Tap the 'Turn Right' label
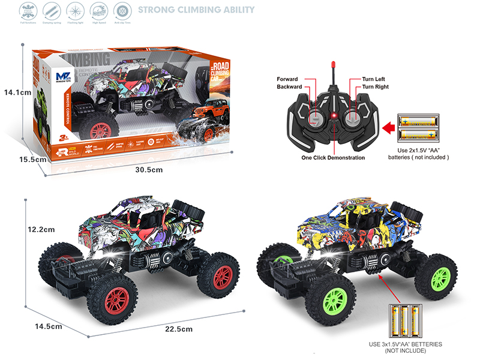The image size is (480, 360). pos(375,87)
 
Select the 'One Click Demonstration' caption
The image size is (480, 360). pos(333,158)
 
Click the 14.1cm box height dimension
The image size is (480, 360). pos(17,92)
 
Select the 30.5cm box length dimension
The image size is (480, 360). pos(149,170)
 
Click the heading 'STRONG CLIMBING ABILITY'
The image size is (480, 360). pos(196,10)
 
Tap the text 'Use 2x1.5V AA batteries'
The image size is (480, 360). pos(423,153)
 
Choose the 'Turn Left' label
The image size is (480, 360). pos(374,79)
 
